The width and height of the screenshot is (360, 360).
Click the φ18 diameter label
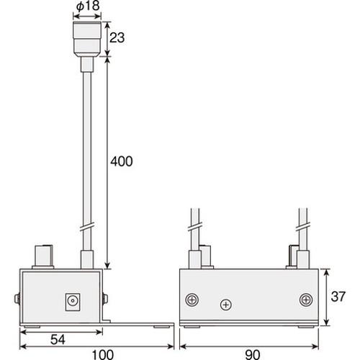point(88,6)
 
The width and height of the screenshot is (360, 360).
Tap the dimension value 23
point(117,37)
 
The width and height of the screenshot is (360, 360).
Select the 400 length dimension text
point(122,161)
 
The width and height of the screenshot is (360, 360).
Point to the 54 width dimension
point(58,340)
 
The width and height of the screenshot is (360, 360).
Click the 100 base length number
point(103,355)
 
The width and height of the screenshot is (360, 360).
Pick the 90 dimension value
point(253,355)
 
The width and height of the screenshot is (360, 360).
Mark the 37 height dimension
point(338,297)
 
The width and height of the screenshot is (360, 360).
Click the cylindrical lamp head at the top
point(87,39)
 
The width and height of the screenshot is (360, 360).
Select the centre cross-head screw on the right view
point(226,305)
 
